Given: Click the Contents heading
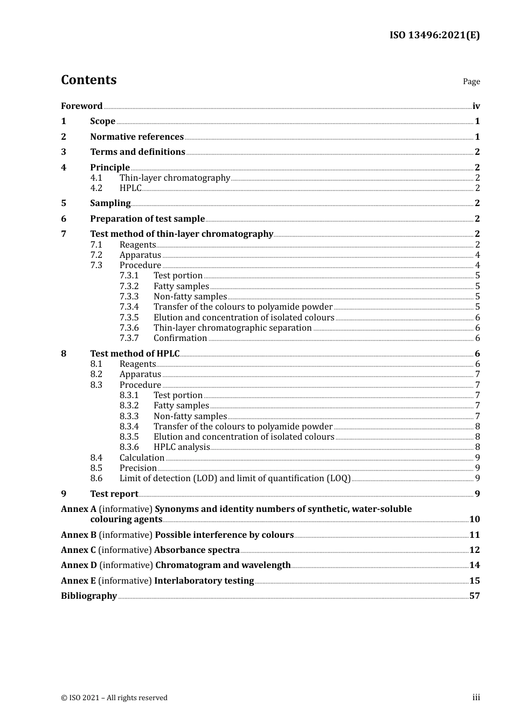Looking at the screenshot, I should [x=88, y=80].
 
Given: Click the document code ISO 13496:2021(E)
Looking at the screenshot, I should [x=434, y=36].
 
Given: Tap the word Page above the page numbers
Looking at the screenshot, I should [x=471, y=81].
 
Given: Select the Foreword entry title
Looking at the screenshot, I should [x=81, y=106].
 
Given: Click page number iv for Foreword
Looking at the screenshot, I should [x=476, y=106].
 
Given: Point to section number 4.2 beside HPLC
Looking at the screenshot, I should [x=96, y=188].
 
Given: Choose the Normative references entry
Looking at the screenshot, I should [x=137, y=137].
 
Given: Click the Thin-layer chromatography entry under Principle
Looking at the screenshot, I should [x=175, y=178].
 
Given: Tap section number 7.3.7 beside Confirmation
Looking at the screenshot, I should [x=129, y=338].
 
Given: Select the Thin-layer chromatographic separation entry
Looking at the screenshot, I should [x=232, y=328].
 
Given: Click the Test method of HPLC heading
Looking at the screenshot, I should [x=135, y=354].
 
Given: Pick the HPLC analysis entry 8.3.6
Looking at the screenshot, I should [x=181, y=447].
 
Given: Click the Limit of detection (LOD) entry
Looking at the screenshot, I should [x=235, y=478].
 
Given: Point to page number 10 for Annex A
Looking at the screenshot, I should [x=474, y=519].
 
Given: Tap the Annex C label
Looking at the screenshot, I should [x=78, y=550].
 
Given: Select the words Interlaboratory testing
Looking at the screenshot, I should [x=204, y=581].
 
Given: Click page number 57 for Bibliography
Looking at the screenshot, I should [x=474, y=596].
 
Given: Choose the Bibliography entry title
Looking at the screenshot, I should [x=89, y=596].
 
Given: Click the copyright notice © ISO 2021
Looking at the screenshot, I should [x=114, y=698].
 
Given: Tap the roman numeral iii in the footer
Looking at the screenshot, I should [x=476, y=697].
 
